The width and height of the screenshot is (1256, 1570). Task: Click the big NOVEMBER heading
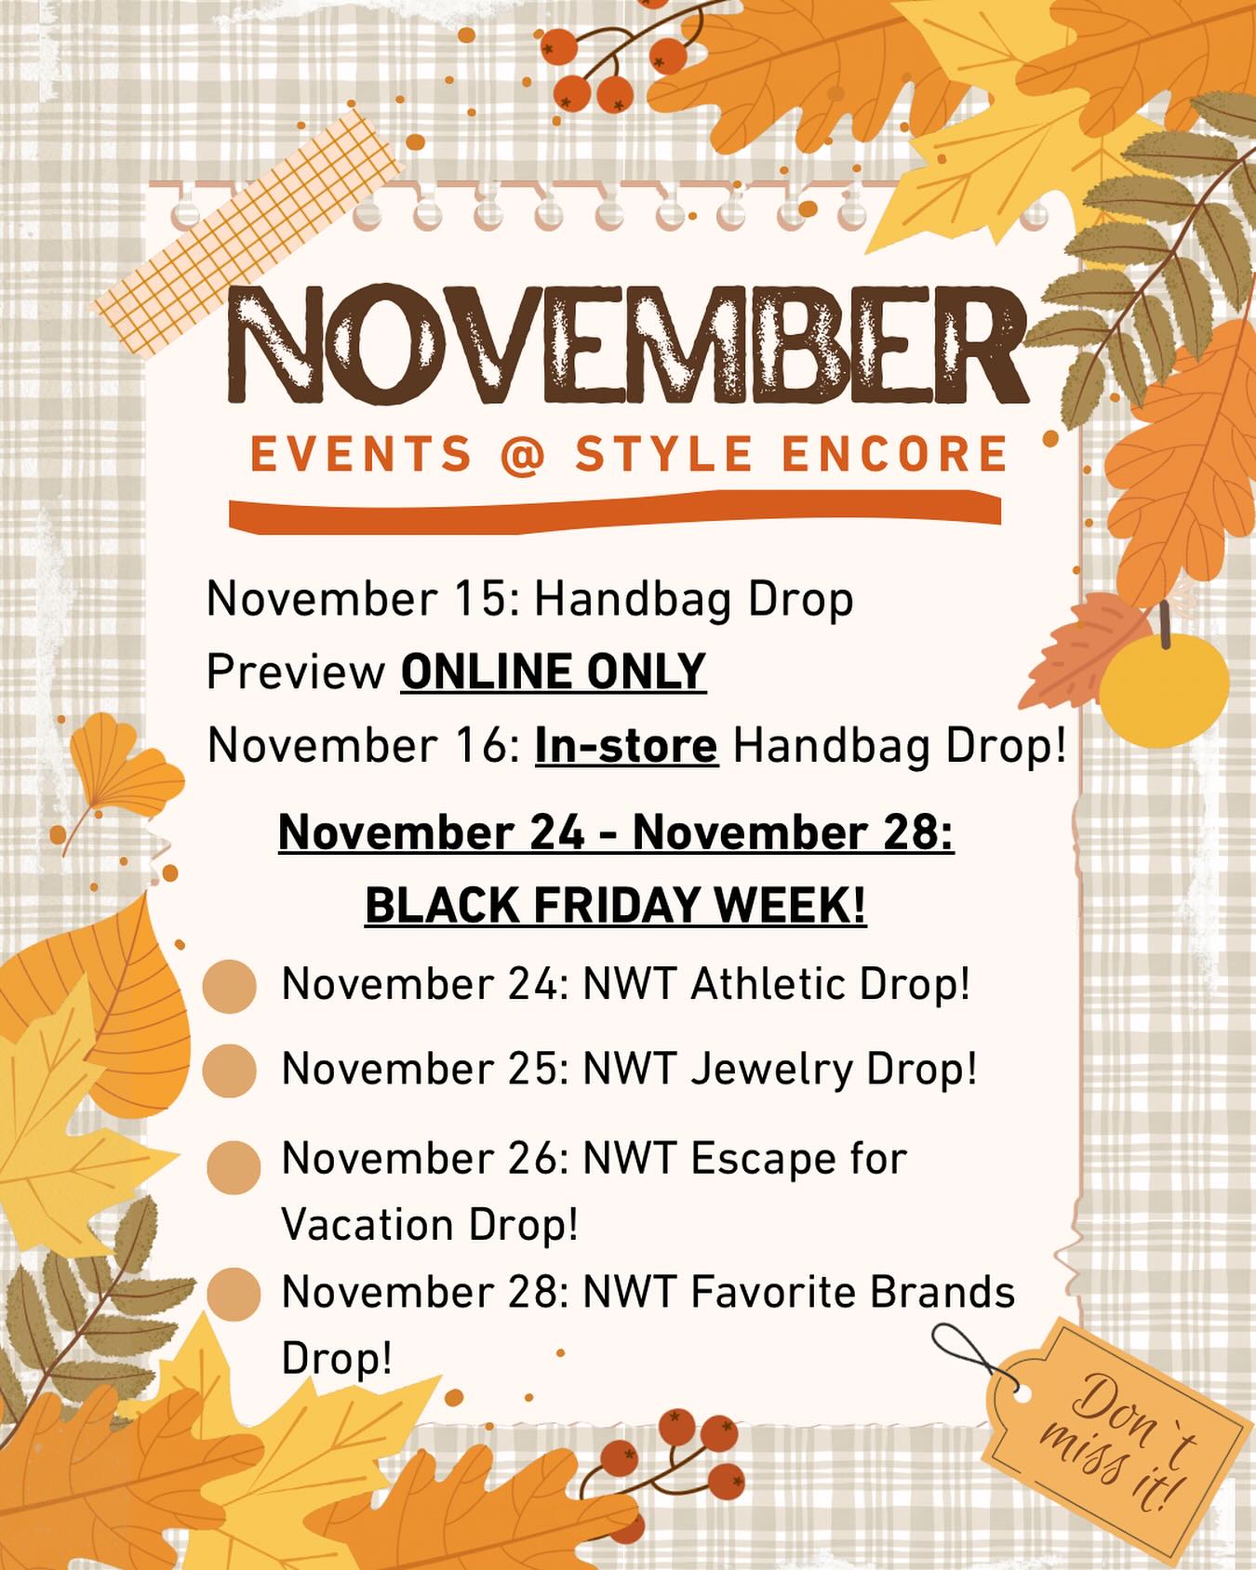tap(628, 344)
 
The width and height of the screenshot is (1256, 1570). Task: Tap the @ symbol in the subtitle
tap(522, 456)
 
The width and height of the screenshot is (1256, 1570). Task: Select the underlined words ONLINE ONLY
tap(554, 672)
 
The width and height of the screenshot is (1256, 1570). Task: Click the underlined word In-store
tap(626, 745)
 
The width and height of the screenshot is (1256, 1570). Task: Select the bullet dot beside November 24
tap(229, 986)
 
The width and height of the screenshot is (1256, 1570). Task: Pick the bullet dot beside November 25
tap(229, 1070)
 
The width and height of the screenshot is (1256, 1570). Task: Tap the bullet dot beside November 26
tap(233, 1167)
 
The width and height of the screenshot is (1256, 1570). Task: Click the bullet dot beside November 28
tap(233, 1294)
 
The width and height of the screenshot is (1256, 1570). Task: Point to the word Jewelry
tap(772, 1070)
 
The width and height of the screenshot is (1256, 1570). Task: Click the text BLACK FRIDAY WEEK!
tap(616, 904)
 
